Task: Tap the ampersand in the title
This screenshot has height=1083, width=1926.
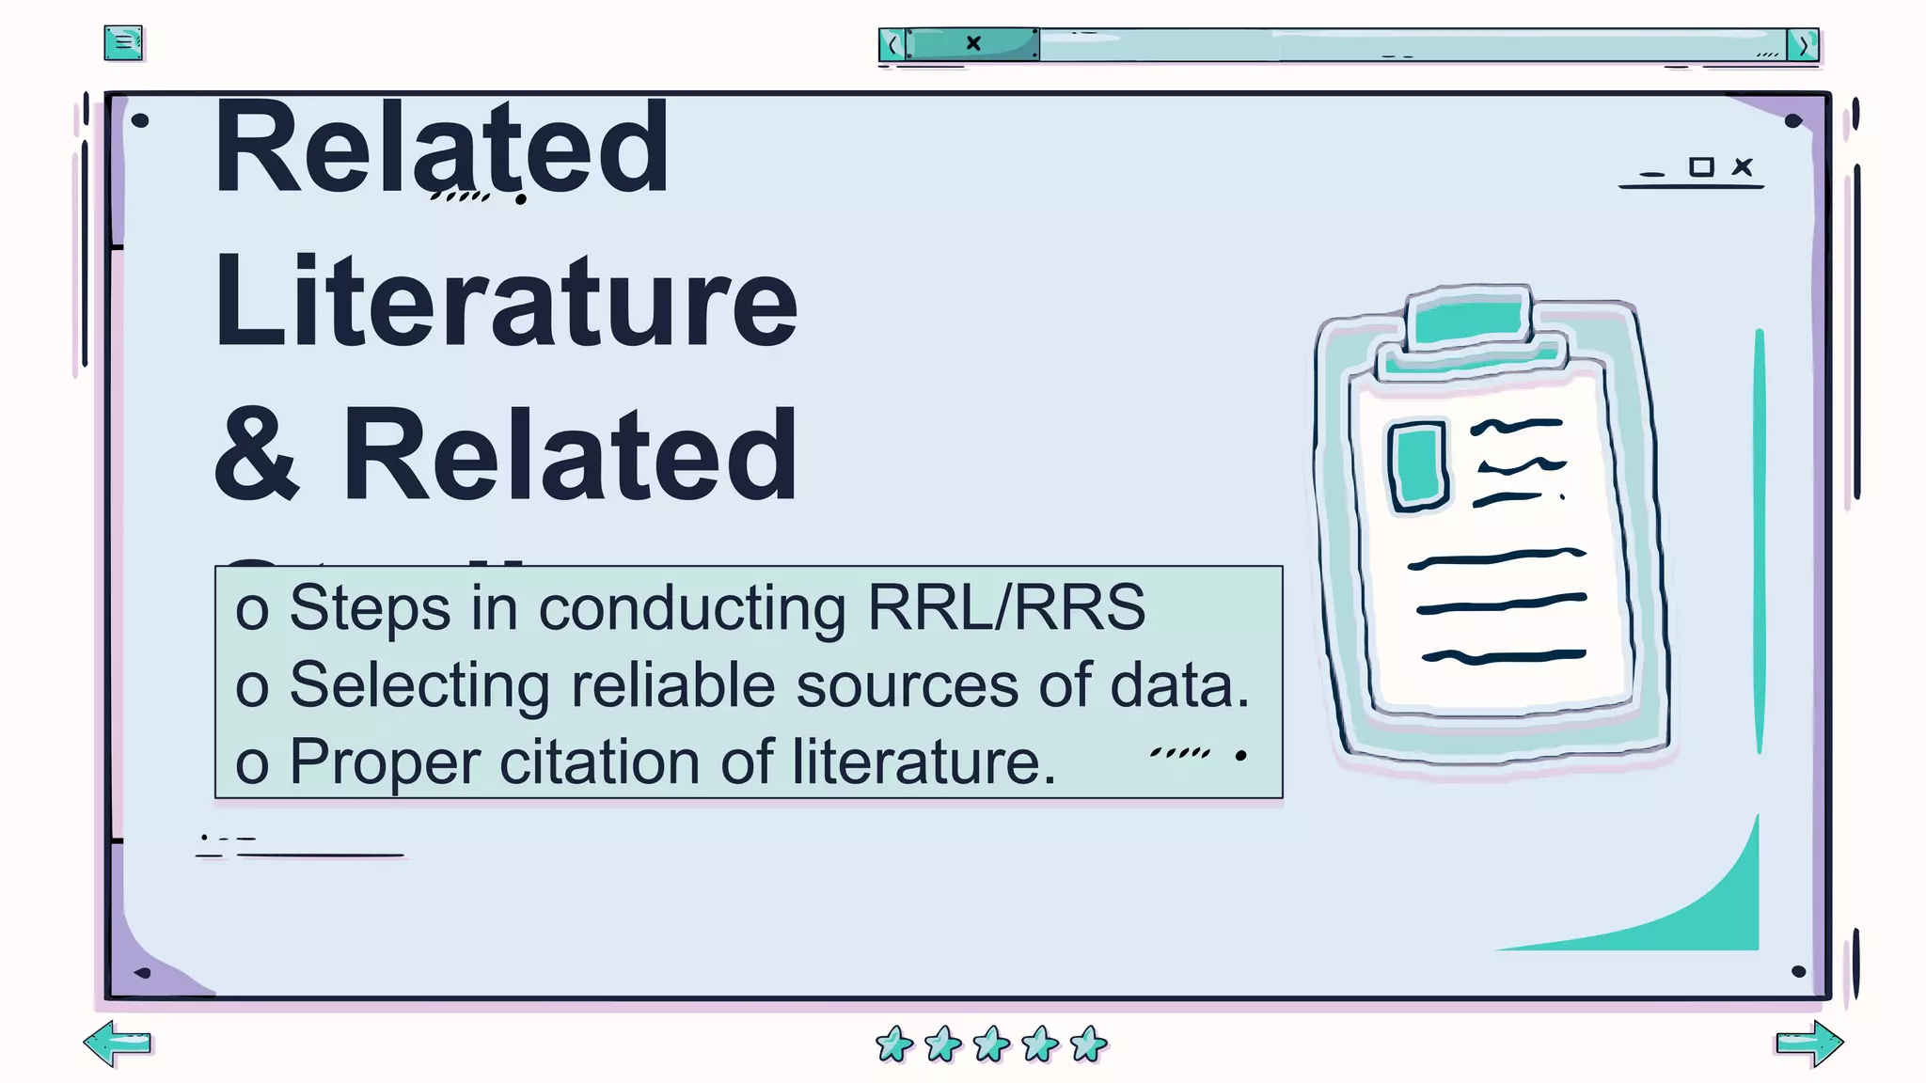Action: (x=257, y=455)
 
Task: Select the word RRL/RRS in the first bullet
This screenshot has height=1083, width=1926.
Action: (x=1005, y=607)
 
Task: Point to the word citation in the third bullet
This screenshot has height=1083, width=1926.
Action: (x=600, y=761)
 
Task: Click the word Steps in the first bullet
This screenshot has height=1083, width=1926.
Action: (x=370, y=607)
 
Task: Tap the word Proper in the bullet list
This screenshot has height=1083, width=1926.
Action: (x=385, y=762)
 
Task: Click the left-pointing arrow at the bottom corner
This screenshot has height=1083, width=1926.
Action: (x=118, y=1044)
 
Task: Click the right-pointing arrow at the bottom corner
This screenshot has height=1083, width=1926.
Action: (x=1809, y=1044)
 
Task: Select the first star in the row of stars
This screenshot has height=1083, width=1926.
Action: (x=894, y=1044)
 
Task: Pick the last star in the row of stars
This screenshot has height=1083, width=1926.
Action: (x=1089, y=1044)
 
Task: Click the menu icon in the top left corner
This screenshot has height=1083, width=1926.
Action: (x=123, y=43)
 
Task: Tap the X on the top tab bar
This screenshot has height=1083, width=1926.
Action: (x=973, y=43)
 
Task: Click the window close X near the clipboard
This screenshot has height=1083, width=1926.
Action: (x=1743, y=167)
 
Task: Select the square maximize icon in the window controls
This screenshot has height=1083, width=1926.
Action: (x=1700, y=167)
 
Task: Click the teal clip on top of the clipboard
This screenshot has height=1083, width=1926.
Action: (x=1469, y=322)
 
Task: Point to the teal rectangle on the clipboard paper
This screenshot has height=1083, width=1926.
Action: (x=1418, y=465)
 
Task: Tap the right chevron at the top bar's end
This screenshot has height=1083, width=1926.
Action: (x=1803, y=45)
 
